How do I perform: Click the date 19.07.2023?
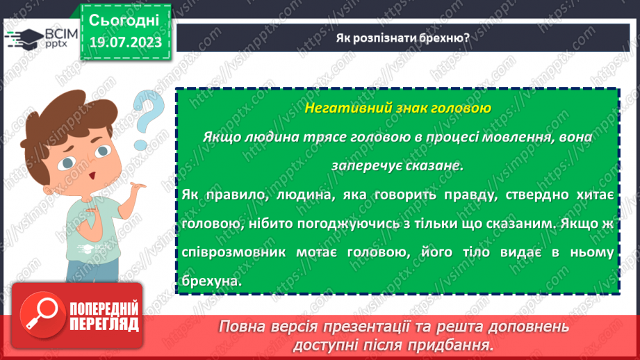click(x=125, y=43)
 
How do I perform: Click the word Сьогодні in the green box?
click(x=125, y=19)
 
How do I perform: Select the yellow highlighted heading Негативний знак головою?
click(x=397, y=108)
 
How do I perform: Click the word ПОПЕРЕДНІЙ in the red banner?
click(x=104, y=306)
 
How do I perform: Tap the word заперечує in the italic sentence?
click(x=359, y=167)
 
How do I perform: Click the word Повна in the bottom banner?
click(x=242, y=327)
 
